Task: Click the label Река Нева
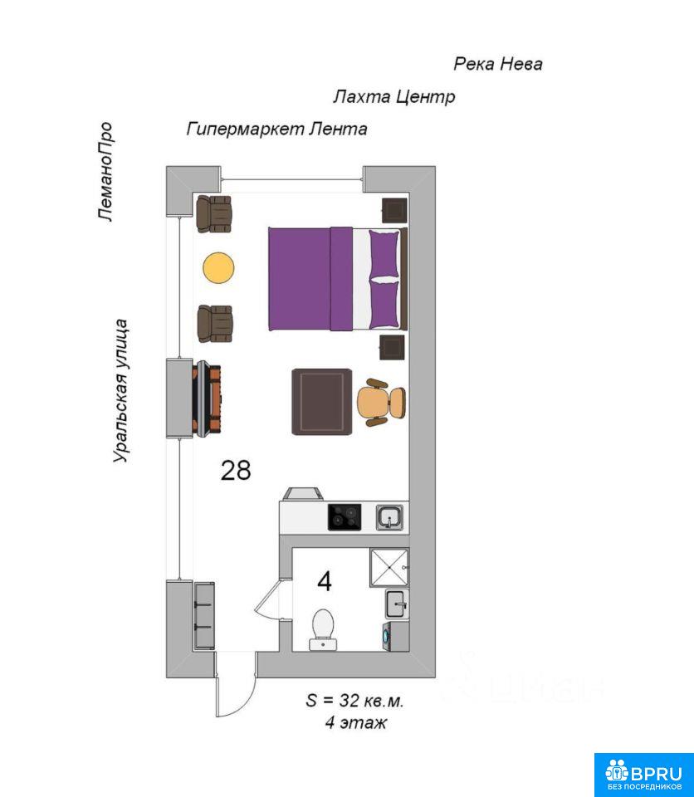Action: pyautogui.click(x=498, y=64)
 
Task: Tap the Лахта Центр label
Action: pyautogui.click(x=394, y=96)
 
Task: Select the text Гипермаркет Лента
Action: pyautogui.click(x=276, y=129)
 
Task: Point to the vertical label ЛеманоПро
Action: pyautogui.click(x=105, y=171)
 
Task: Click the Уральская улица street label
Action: pyautogui.click(x=120, y=390)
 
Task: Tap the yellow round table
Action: pyautogui.click(x=218, y=268)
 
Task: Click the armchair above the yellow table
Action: pyautogui.click(x=214, y=214)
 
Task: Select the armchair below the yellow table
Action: pyautogui.click(x=214, y=324)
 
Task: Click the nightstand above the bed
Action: pyautogui.click(x=395, y=210)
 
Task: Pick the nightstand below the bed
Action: pyautogui.click(x=392, y=347)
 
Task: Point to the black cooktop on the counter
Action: pyautogui.click(x=345, y=517)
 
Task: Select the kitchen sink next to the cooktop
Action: pyautogui.click(x=390, y=517)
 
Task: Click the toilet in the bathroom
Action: pyautogui.click(x=323, y=629)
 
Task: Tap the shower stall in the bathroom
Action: pyautogui.click(x=389, y=567)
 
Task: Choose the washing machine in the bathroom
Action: pyautogui.click(x=395, y=636)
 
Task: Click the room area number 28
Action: pyautogui.click(x=236, y=470)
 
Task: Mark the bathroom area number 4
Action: pyautogui.click(x=325, y=581)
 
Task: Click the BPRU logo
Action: pyautogui.click(x=643, y=775)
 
